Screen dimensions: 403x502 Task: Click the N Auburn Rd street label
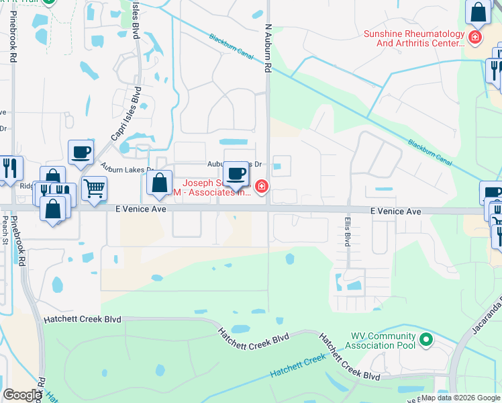267,49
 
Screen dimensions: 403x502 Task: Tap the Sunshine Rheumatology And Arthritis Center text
414,38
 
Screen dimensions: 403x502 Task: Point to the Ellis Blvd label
348,230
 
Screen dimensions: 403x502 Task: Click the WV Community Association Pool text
383,341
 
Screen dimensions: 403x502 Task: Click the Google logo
22,394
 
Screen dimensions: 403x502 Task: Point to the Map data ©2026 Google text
460,398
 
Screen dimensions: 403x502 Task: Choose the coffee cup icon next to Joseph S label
236,174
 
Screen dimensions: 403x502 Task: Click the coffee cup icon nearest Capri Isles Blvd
81,152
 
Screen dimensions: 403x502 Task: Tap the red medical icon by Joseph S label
260,186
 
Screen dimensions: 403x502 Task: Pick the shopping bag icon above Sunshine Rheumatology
479,12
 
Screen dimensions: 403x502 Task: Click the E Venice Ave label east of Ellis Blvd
396,211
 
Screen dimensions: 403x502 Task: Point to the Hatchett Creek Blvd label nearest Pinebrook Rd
82,320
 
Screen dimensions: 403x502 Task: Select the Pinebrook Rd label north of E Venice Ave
13,40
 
